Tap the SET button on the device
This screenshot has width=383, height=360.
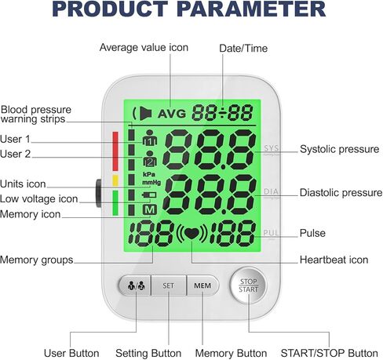tap(169, 285)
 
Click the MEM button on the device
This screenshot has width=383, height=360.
tap(202, 285)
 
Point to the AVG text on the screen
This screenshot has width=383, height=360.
tap(172, 114)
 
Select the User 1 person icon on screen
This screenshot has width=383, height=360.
tap(150, 138)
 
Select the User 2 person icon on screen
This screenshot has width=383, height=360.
tap(150, 158)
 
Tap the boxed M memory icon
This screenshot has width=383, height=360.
tap(150, 209)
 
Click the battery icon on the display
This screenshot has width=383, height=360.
tap(149, 195)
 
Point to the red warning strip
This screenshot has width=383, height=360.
tap(115, 151)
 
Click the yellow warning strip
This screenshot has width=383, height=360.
tap(115, 180)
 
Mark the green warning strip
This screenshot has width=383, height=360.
tap(115, 203)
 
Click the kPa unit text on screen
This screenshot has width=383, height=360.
tap(149, 174)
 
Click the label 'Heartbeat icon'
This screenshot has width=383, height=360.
tap(334, 260)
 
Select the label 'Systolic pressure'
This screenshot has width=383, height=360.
tap(339, 149)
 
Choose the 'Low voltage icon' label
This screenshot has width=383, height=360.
tap(39, 199)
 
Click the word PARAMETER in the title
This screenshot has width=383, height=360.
tap(251, 9)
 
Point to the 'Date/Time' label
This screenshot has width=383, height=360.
tap(243, 49)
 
